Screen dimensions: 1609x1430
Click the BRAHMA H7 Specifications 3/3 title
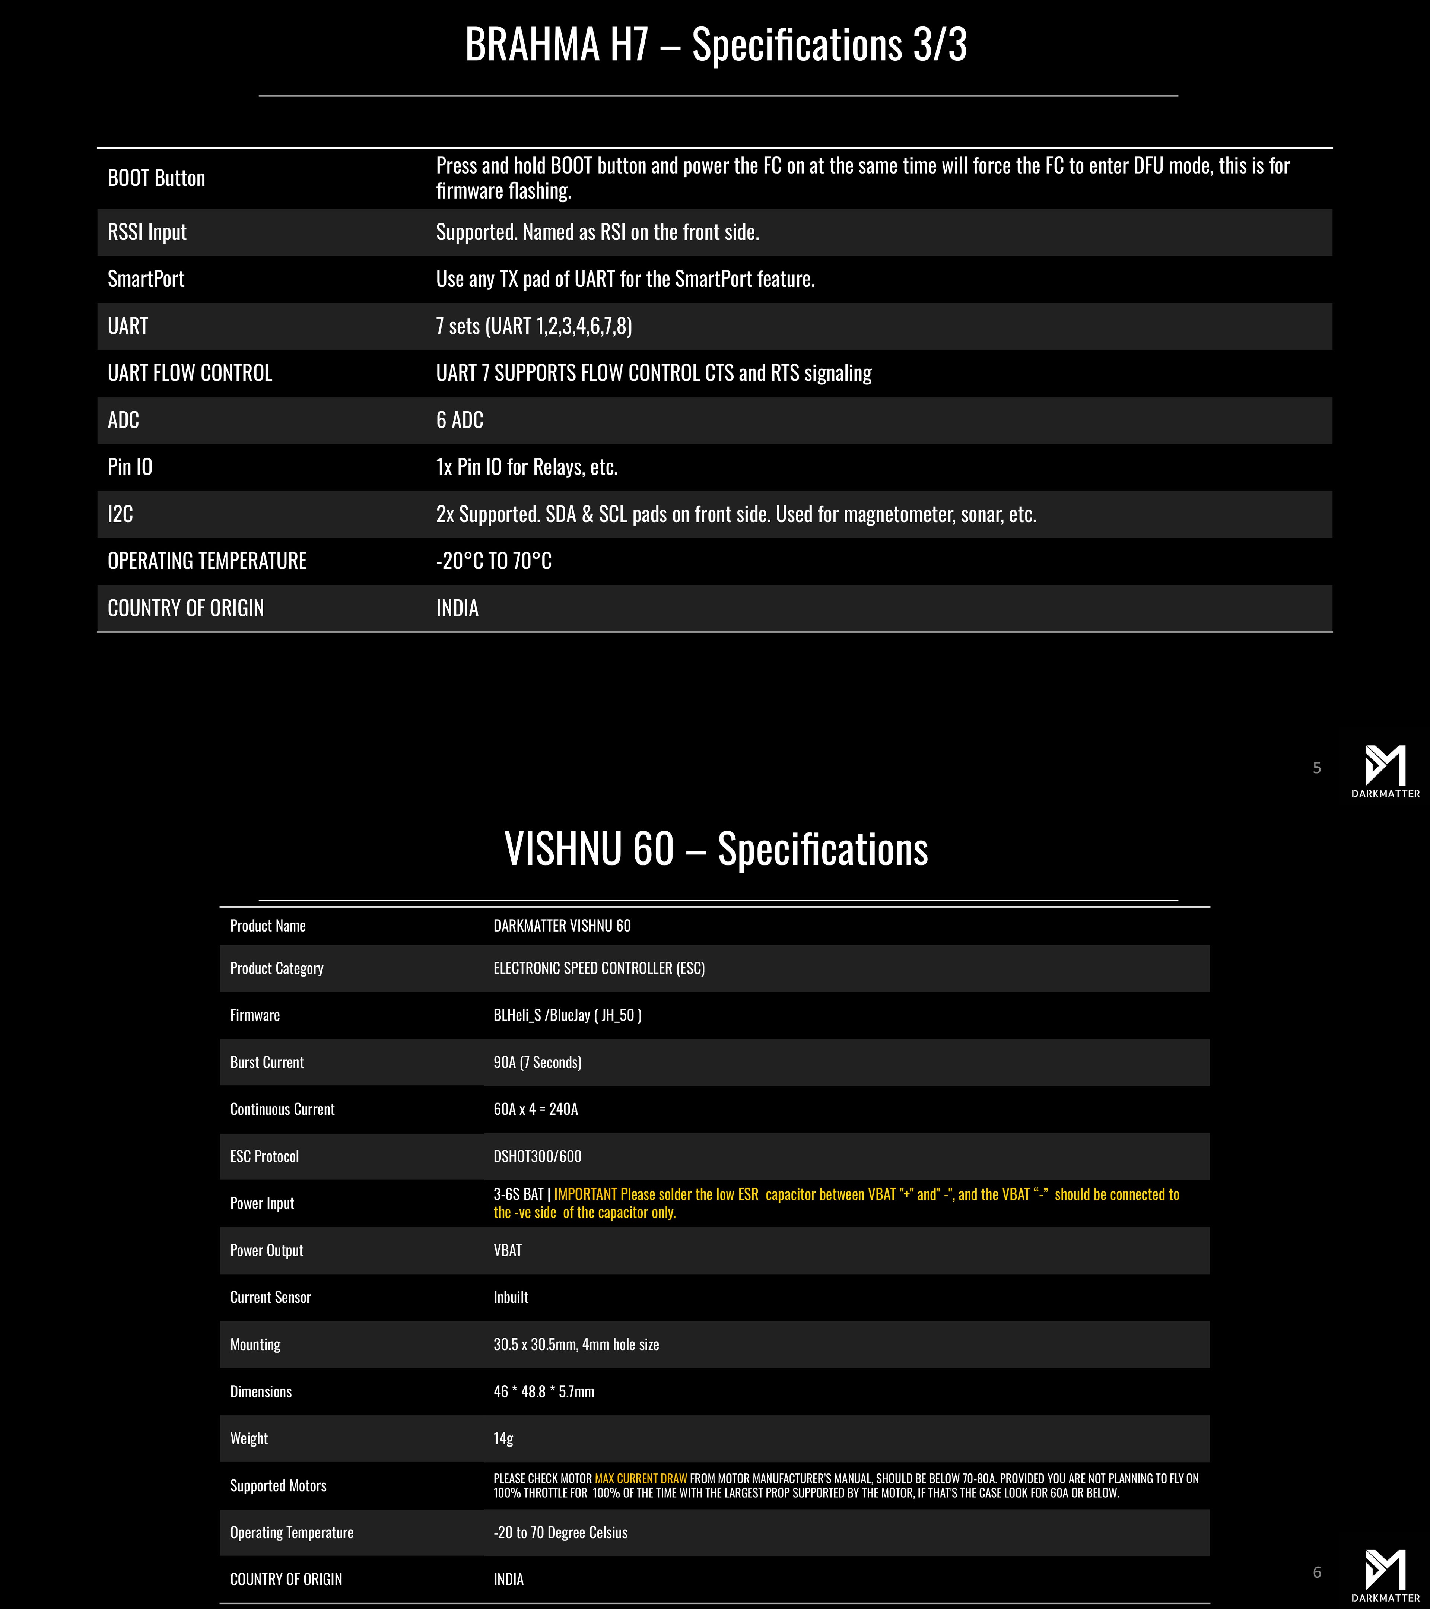[x=715, y=45]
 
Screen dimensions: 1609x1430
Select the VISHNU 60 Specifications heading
[x=715, y=849]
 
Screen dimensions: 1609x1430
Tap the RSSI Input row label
[x=147, y=232]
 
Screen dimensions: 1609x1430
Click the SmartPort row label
[x=146, y=279]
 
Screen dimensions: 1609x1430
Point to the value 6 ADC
[x=460, y=421]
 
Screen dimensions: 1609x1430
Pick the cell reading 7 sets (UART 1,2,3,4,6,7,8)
[x=534, y=326]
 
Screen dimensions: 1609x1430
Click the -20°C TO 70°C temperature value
[x=493, y=561]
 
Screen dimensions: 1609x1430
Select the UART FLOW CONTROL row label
[x=190, y=373]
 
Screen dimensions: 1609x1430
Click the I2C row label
[x=120, y=514]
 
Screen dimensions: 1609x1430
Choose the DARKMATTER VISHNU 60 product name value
[x=562, y=926]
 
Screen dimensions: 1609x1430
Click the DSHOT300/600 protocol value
[x=537, y=1156]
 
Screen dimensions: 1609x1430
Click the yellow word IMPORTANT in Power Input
[x=585, y=1194]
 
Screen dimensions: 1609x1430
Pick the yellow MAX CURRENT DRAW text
[x=641, y=1478]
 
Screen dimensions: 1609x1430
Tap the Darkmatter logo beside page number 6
[x=1385, y=1573]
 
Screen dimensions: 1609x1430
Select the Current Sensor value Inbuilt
[x=511, y=1297]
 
